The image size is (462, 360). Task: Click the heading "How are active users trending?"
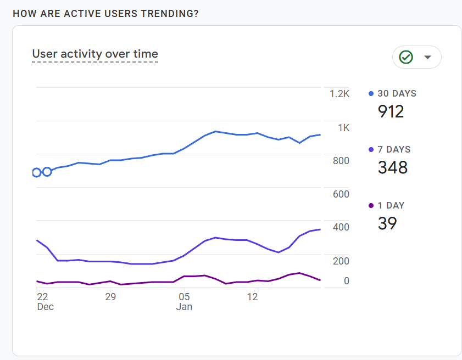click(105, 14)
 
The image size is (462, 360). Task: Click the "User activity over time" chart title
click(95, 54)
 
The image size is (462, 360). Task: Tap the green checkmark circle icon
click(406, 57)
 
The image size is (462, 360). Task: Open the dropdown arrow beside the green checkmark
click(427, 57)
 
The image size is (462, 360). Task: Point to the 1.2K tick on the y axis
click(339, 94)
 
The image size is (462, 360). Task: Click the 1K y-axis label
click(343, 128)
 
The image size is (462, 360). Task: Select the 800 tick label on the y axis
click(341, 161)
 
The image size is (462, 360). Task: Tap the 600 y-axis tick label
click(341, 194)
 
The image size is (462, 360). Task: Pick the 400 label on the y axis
click(341, 227)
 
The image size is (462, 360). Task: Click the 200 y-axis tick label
click(341, 261)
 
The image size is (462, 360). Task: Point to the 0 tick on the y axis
click(347, 281)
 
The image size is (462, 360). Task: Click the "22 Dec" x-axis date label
click(46, 302)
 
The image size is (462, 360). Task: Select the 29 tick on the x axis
click(110, 297)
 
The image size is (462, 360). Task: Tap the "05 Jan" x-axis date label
click(184, 302)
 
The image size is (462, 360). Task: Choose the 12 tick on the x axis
click(253, 297)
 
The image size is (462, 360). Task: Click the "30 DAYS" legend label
click(397, 94)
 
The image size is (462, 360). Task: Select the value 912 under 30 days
click(391, 111)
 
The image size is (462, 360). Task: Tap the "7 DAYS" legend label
click(394, 149)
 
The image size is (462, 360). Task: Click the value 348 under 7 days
click(393, 167)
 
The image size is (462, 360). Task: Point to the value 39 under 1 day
click(387, 223)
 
